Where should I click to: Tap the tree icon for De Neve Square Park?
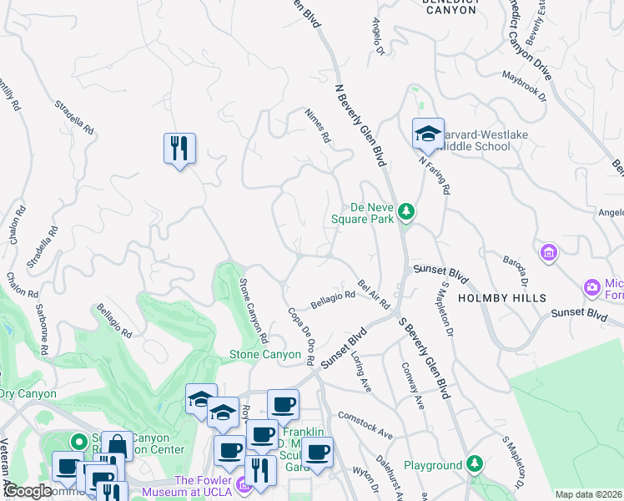[x=405, y=211]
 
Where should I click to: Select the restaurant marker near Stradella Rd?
[x=179, y=149]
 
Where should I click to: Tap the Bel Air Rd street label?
[x=374, y=295]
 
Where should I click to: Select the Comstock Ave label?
[x=365, y=423]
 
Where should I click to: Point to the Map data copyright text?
[x=588, y=494]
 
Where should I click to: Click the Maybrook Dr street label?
[x=523, y=85]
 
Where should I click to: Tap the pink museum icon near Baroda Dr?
[x=548, y=251]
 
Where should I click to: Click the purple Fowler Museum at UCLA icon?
[x=242, y=483]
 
